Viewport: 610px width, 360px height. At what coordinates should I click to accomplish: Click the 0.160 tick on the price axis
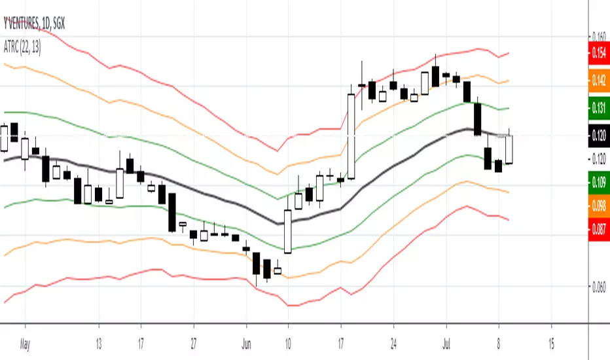pyautogui.click(x=598, y=36)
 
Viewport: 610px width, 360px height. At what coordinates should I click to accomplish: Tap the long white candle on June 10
pyautogui.click(x=287, y=230)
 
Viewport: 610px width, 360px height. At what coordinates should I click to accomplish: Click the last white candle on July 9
pyautogui.click(x=509, y=149)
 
